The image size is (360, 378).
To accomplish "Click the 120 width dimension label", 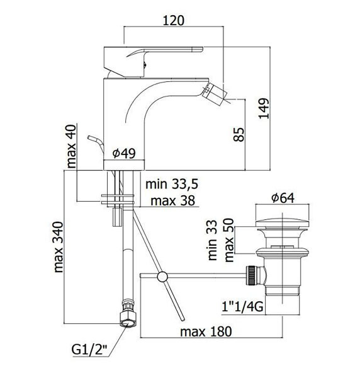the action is coord(173,21).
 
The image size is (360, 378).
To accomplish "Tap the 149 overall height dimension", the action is coord(264,108).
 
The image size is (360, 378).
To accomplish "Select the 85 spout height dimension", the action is coord(239,135).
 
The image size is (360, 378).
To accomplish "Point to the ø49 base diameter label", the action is coord(124,153).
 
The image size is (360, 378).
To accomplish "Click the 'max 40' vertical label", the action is coord(72,146).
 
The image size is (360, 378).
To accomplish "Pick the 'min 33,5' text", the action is coord(172,184).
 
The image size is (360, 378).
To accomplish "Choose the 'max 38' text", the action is coord(172,200).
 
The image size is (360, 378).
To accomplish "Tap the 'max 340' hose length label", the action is coord(59,247).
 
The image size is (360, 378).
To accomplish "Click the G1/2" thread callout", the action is coord(89,350).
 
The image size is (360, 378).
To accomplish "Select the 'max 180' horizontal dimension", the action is coord(206,332).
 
